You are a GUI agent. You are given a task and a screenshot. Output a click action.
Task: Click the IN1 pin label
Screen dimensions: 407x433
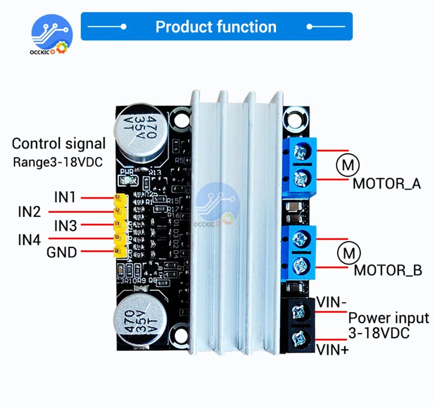coord(65,197)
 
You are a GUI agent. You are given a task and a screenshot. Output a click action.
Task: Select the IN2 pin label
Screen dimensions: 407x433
coord(29,212)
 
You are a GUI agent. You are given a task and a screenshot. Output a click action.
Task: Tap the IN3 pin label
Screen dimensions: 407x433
coord(65,225)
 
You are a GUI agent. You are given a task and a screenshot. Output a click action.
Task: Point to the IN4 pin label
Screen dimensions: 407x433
coord(29,239)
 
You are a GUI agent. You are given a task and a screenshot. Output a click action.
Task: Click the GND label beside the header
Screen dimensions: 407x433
coord(61,252)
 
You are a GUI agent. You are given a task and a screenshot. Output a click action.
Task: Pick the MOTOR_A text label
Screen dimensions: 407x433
coord(387,183)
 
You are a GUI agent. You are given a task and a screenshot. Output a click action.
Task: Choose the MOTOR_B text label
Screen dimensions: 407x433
coord(388,270)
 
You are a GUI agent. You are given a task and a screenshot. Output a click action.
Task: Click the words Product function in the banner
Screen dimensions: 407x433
coord(216,27)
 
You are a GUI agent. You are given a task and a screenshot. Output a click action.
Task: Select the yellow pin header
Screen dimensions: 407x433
coord(119,225)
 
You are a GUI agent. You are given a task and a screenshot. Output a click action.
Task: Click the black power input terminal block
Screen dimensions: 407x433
coord(298,324)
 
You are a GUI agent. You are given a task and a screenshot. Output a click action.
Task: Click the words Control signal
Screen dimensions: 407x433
coord(58,143)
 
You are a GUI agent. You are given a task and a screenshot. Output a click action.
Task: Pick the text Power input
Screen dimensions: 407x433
coord(388,319)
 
